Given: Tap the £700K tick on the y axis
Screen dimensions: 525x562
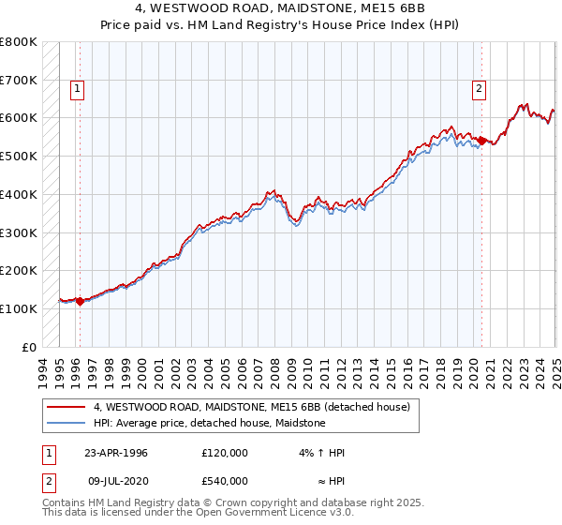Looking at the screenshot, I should (19, 81).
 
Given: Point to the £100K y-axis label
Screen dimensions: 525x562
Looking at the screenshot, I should (19, 308).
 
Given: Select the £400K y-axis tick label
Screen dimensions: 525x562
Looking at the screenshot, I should (19, 195).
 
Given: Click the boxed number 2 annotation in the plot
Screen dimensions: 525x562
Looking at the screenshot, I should (479, 90).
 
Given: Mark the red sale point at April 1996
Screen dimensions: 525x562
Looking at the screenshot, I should (81, 302).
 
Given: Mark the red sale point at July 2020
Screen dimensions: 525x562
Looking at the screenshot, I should (482, 142).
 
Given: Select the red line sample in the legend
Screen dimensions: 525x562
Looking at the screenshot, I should (66, 408).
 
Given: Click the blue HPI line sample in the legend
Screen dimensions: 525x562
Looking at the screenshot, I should (66, 424).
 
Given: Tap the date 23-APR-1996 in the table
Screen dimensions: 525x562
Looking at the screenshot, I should (116, 453).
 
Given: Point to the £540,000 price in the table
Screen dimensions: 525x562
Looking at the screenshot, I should (224, 481).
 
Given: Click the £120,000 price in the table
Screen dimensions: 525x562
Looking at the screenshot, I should (224, 453).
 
